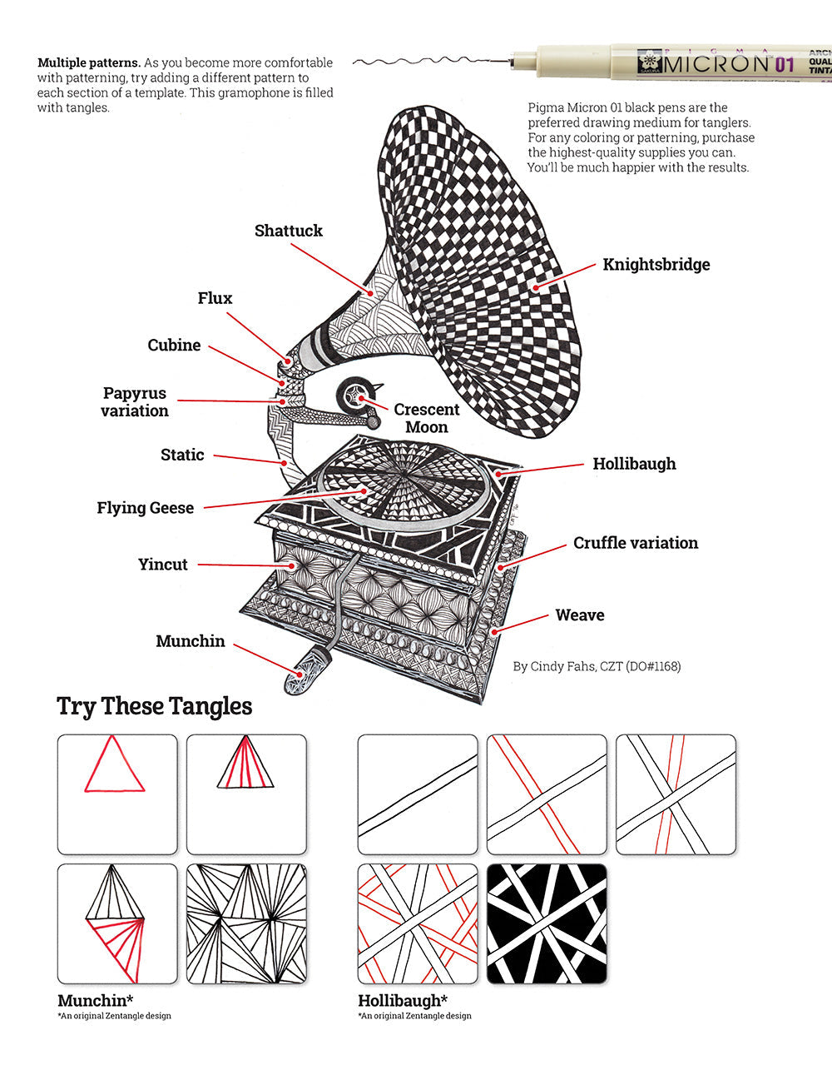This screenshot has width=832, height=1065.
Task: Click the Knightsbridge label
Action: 656,265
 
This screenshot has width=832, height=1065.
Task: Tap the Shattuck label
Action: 288,231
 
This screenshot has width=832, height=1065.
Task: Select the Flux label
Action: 215,298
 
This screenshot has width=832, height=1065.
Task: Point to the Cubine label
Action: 174,345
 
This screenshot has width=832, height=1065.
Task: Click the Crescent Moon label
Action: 426,418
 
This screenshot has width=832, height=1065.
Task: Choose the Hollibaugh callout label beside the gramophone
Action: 634,464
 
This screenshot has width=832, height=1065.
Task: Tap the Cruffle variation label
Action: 635,543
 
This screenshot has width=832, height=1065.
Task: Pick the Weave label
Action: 579,615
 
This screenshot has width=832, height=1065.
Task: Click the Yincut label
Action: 163,565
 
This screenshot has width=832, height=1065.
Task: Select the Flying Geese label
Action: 145,508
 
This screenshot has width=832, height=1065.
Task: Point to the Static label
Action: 182,455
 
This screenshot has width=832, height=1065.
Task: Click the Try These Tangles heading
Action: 154,706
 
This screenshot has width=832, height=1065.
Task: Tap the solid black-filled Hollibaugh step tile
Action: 547,923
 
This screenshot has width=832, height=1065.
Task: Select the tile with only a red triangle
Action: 117,794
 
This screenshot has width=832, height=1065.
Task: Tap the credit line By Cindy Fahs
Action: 597,666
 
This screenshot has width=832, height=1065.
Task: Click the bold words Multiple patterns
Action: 89,63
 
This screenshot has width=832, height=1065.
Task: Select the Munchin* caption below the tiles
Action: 96,1000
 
